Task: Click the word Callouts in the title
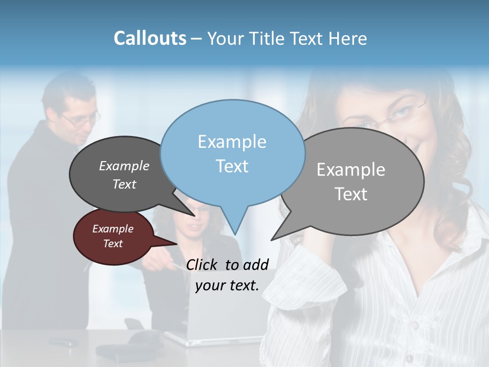coord(150,38)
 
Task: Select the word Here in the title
coord(348,39)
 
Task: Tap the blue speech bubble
coord(232,153)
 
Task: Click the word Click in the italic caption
coord(203,265)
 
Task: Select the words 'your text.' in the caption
coord(227,285)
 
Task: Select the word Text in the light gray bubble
coord(351,194)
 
